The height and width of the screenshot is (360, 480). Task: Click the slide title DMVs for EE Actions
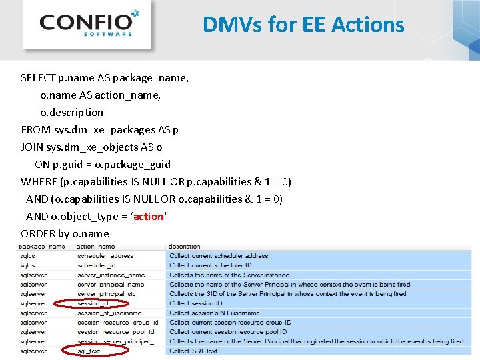(303, 25)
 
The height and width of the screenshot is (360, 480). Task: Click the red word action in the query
(148, 216)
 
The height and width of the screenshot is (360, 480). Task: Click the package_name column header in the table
(42, 247)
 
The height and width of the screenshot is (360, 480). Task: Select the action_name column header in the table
(96, 247)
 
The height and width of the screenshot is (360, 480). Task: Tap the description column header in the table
(185, 247)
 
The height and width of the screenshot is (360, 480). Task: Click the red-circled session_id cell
(93, 303)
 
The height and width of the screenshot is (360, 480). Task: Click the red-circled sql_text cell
(89, 351)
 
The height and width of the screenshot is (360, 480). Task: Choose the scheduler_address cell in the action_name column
(105, 256)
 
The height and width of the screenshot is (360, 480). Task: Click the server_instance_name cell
(111, 275)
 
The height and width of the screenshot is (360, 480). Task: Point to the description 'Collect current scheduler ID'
(210, 265)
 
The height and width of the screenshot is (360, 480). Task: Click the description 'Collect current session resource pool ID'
(228, 331)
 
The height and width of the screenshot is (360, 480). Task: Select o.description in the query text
(71, 112)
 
